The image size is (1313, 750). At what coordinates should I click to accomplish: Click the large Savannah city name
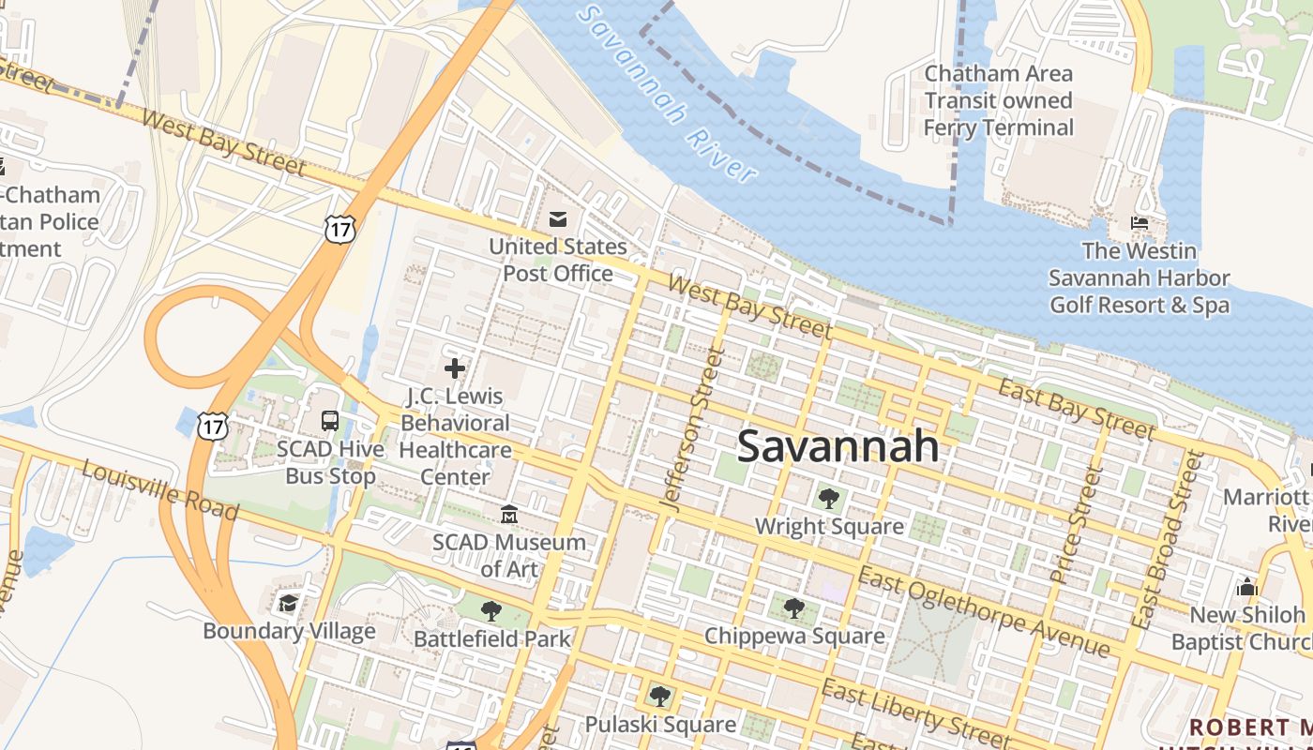point(838,446)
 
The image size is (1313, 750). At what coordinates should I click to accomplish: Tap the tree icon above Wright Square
point(828,498)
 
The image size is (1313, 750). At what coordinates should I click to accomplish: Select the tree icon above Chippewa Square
point(793,607)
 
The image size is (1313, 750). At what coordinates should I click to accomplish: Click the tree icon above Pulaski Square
point(659,696)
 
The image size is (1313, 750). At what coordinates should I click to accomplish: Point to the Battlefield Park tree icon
point(490,611)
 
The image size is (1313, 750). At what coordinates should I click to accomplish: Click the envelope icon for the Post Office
point(558,219)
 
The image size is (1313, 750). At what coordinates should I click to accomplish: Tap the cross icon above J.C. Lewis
point(455,367)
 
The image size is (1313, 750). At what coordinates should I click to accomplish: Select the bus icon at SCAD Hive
point(330,421)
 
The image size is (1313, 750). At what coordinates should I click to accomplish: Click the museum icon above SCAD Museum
point(509,514)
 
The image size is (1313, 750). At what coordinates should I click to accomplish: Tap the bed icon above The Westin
point(1139,223)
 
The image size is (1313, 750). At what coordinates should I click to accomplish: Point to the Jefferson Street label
point(694,429)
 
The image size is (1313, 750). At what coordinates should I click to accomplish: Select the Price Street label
point(1074,526)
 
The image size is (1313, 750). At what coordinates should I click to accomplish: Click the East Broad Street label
point(1167,539)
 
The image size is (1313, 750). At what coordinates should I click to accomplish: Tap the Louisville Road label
point(159,489)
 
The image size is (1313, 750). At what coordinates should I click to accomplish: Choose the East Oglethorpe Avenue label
point(984,611)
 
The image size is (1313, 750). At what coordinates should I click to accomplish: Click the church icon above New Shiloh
point(1247,587)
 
